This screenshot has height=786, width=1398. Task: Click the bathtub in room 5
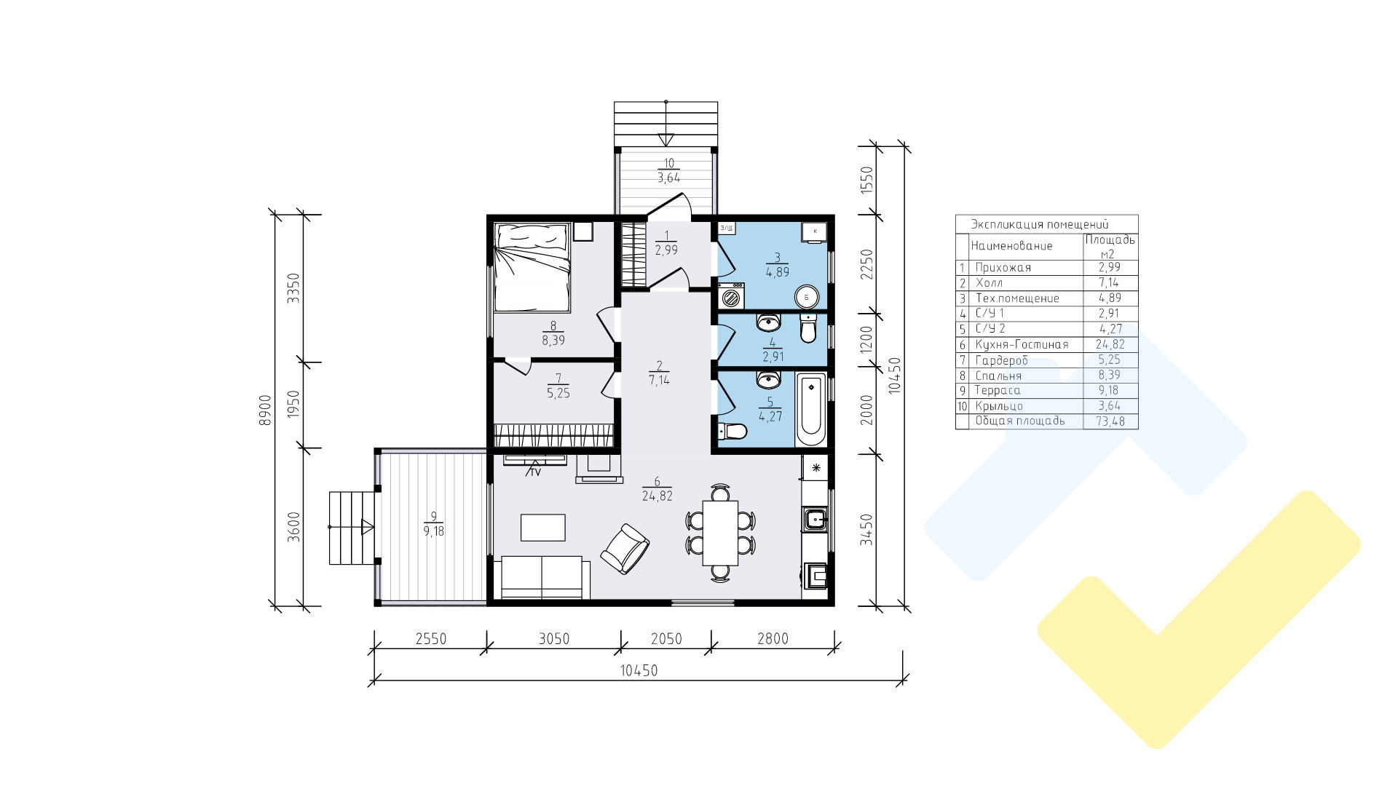pos(811,410)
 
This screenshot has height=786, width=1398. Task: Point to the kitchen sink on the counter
pos(814,519)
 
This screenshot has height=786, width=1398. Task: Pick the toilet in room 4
pos(808,328)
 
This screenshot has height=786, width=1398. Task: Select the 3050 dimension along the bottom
pos(553,639)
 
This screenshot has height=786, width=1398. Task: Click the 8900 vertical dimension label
pos(265,410)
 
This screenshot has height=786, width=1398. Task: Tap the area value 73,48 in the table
pos(1109,421)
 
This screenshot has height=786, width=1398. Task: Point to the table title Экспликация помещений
pos(1039,224)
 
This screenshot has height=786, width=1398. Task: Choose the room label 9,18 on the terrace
pos(433,531)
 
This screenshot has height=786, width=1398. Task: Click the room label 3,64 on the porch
pos(669,177)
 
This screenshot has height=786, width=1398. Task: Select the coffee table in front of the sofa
pos(543,528)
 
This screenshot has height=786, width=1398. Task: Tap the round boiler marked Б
pos(806,297)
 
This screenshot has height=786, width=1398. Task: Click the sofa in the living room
pos(545,578)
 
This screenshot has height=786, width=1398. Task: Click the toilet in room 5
pos(732,432)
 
